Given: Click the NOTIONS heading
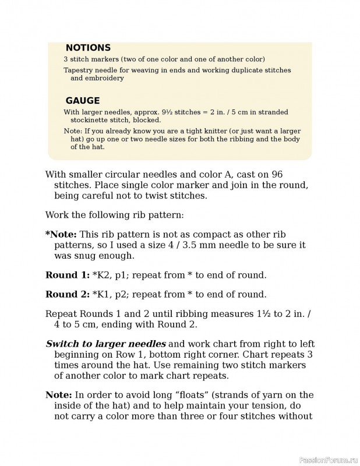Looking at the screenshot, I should click(x=88, y=48).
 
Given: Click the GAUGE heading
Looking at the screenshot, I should click(x=82, y=100).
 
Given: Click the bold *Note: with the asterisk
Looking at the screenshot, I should click(x=61, y=234).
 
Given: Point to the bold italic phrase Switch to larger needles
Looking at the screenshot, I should click(x=105, y=343).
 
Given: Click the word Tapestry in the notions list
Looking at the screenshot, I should click(x=78, y=70).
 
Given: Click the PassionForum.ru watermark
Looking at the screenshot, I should click(x=328, y=459).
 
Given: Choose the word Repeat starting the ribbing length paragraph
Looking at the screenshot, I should click(x=61, y=313).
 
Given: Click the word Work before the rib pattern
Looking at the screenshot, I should click(x=57, y=215).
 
